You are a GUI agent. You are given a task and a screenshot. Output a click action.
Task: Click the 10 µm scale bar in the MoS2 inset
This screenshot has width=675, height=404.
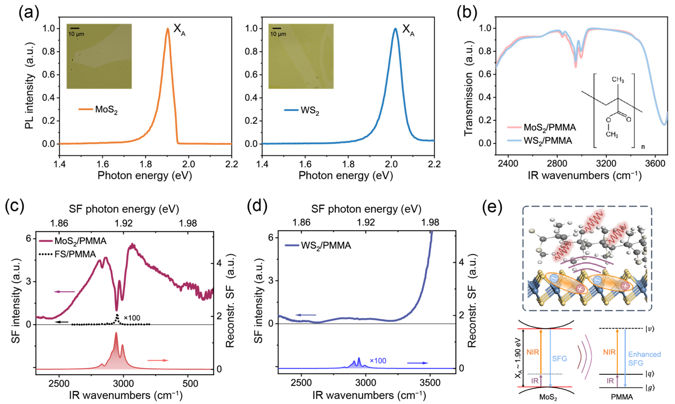click(76, 28)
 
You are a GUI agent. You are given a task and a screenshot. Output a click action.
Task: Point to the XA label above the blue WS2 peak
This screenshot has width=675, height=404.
click(408, 29)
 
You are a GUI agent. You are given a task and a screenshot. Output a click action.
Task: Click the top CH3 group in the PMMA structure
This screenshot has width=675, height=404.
click(618, 80)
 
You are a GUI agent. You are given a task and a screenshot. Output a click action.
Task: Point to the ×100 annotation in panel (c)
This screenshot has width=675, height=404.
click(131, 318)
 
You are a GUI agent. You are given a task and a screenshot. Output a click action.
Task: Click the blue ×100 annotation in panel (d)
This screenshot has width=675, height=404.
click(378, 361)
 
